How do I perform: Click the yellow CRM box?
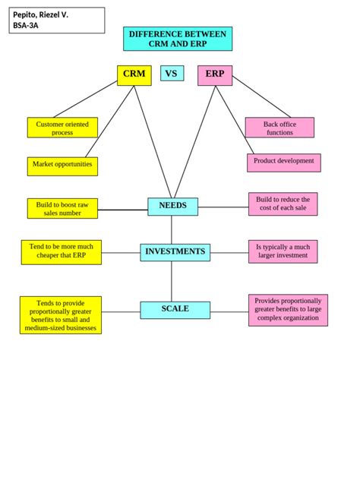pos(134,75)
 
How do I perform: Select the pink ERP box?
pos(215,75)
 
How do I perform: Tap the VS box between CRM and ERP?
pos(172,74)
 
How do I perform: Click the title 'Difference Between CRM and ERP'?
pos(178,39)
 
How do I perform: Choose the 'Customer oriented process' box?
pos(62,128)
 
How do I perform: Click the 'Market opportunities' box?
pos(62,165)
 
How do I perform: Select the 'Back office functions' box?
pos(279,128)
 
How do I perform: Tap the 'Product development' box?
pos(283,162)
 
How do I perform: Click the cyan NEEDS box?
pos(172,206)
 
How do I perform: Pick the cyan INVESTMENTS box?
pos(175,252)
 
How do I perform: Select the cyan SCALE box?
pos(175,309)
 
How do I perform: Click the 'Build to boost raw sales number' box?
pos(62,209)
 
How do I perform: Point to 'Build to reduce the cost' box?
pos(283,204)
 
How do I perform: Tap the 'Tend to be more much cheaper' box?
pos(62,251)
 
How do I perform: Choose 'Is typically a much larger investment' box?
pos(283,252)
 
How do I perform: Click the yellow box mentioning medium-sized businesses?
pos(61,315)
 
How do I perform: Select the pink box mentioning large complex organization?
pos(288,310)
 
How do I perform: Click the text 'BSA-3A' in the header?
pos(26,25)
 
